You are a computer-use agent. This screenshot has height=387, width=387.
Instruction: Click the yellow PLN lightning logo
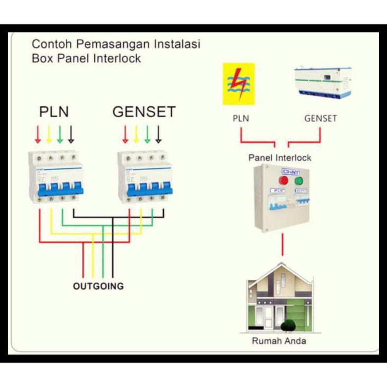[238, 84]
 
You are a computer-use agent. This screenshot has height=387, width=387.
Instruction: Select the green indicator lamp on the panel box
[299, 181]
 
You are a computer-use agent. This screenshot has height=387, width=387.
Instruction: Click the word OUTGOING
[98, 286]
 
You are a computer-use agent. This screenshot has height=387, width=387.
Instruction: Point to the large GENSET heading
[144, 112]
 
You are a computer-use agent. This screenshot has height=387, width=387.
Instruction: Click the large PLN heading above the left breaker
[54, 112]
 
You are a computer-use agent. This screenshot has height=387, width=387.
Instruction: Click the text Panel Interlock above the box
[279, 158]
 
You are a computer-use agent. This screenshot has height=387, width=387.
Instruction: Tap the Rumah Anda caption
[279, 341]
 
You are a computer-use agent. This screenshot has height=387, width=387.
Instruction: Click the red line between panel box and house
[283, 245]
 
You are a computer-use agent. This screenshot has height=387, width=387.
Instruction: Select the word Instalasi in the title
[177, 44]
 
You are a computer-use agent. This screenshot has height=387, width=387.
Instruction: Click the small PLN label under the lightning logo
[241, 118]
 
